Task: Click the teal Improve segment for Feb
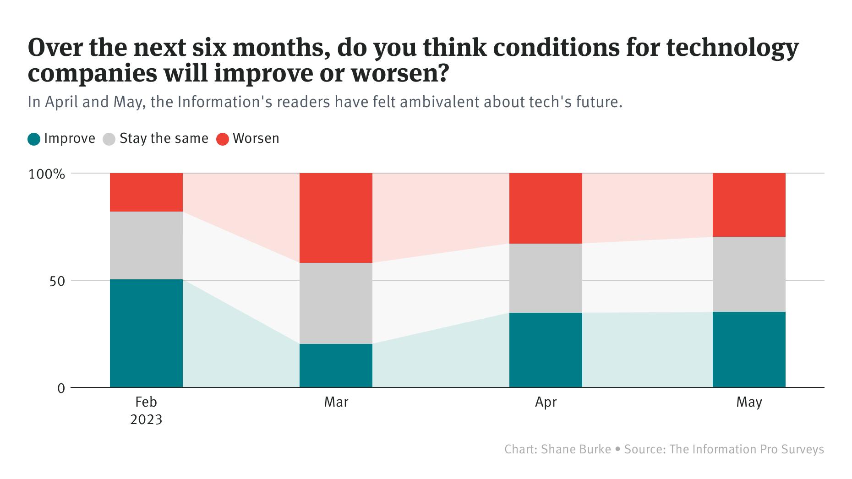(x=146, y=333)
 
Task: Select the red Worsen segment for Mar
(x=336, y=218)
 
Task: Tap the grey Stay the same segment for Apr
(x=546, y=278)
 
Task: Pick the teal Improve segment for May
(x=749, y=349)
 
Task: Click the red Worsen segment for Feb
(x=146, y=192)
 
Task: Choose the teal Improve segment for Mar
(x=336, y=365)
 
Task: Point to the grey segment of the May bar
(x=749, y=274)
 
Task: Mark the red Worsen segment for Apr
(x=546, y=208)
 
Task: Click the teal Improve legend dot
(x=34, y=139)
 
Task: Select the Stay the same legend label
(x=164, y=138)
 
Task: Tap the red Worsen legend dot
(x=223, y=139)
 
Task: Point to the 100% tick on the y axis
(x=47, y=174)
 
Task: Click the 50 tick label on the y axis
(x=57, y=281)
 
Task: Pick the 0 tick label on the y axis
(x=61, y=388)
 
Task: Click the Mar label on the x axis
(x=336, y=402)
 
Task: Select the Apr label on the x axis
(x=546, y=402)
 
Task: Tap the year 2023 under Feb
(x=146, y=419)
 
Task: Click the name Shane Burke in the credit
(x=576, y=449)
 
